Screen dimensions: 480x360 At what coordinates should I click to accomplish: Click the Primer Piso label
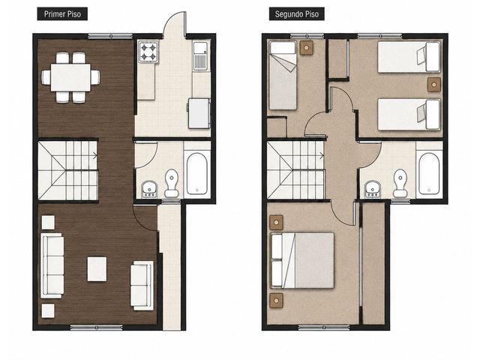(62, 14)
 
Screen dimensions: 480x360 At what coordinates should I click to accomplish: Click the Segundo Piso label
(297, 14)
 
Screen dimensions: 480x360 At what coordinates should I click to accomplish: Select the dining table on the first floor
(70, 77)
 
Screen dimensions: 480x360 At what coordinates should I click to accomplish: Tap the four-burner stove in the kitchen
(148, 52)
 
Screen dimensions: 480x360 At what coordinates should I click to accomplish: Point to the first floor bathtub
(196, 173)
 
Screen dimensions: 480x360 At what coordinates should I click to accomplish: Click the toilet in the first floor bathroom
(172, 183)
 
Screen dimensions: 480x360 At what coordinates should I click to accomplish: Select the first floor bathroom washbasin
(149, 189)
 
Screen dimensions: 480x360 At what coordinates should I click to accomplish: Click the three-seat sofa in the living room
(52, 265)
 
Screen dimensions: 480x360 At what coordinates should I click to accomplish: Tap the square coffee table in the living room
(97, 269)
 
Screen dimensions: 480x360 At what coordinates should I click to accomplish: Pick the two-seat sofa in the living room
(142, 285)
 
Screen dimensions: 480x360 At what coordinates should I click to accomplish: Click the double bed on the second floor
(302, 260)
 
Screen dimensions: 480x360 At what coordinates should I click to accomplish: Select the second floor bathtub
(429, 173)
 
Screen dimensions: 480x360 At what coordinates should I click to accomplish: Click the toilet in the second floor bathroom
(400, 183)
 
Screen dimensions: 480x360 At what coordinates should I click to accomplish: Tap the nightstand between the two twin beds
(433, 85)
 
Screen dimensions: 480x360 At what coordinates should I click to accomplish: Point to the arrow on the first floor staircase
(94, 156)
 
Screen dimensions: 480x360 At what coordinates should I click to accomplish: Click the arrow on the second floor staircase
(322, 156)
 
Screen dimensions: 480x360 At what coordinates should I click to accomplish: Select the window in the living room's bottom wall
(97, 327)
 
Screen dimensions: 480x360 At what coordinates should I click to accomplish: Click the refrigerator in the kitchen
(199, 113)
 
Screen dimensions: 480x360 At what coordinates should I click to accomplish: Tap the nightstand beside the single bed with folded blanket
(306, 48)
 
